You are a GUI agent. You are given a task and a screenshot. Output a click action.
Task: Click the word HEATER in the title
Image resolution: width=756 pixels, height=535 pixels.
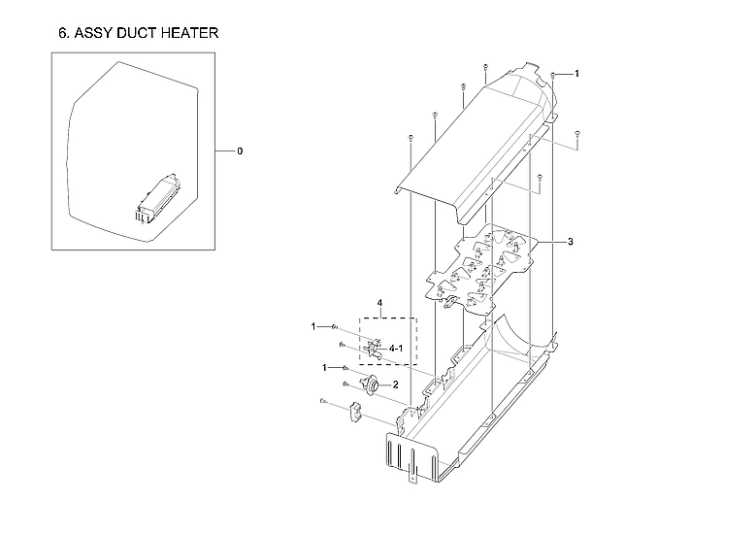182,33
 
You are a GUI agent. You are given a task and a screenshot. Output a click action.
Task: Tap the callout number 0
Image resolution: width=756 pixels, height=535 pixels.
240,151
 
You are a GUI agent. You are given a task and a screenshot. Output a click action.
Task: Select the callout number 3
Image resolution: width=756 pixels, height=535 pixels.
571,240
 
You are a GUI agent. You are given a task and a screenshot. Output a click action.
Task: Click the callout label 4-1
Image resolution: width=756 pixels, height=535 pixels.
396,347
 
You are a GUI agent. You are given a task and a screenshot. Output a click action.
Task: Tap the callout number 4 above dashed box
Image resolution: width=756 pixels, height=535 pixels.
380,304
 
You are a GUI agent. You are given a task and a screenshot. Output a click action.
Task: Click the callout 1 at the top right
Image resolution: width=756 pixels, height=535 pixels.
576,74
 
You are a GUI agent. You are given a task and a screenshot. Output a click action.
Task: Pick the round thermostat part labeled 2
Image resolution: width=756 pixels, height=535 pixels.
370,385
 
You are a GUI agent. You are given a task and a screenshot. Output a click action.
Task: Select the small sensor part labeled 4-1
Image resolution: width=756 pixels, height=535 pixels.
371,348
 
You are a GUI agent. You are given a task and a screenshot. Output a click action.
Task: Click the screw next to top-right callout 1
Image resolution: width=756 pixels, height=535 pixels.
553,75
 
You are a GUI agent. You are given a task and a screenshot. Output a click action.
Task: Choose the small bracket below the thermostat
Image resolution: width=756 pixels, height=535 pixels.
355,414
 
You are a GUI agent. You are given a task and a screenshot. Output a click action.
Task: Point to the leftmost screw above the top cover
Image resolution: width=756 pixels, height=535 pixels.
411,138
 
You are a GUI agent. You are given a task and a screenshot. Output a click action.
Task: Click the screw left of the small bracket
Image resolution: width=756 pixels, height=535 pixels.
321,401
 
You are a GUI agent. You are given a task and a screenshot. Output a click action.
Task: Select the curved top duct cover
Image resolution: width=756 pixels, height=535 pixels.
476,146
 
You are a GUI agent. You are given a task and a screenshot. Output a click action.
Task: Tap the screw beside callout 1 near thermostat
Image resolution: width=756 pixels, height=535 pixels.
345,368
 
